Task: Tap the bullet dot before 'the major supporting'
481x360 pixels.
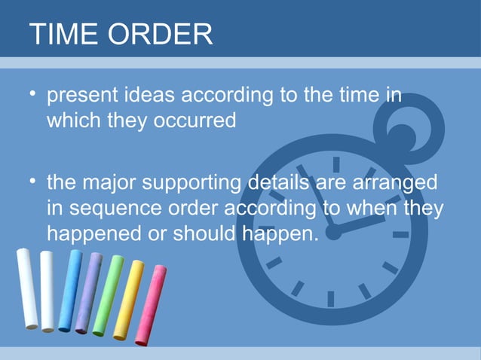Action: click(33, 182)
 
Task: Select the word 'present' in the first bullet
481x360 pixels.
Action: click(80, 98)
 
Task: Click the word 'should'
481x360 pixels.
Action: click(200, 233)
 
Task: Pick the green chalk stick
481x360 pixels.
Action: click(108, 294)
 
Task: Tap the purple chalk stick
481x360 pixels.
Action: click(88, 291)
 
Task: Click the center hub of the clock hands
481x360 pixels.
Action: click(332, 233)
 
